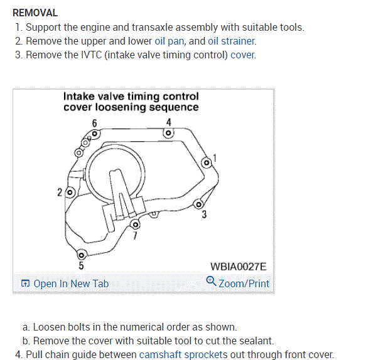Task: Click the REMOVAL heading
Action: (35, 13)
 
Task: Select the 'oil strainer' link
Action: (232, 41)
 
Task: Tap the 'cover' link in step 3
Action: (243, 55)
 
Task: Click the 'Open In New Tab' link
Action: (65, 283)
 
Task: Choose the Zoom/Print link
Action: (244, 283)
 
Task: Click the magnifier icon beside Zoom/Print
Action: (212, 282)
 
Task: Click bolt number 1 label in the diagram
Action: (215, 157)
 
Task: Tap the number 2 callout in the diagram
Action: (60, 193)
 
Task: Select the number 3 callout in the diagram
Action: (205, 216)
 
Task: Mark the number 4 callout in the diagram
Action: (168, 121)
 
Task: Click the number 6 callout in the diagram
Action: (95, 122)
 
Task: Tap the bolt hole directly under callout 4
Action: (168, 133)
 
